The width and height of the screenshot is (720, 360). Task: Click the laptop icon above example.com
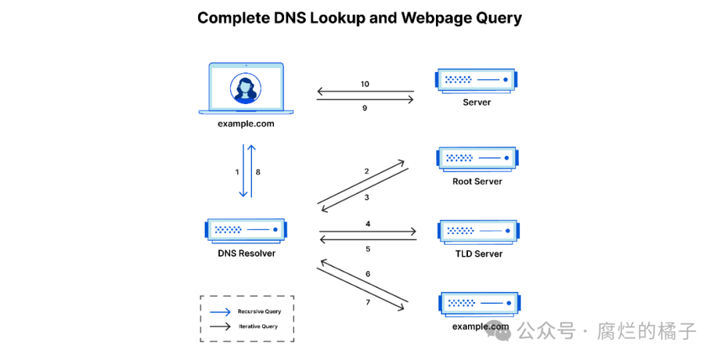pos(250,89)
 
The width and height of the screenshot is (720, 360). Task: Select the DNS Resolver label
pos(247,253)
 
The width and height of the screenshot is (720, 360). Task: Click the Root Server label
pos(477,181)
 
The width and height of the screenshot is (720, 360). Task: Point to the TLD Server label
pos(479,253)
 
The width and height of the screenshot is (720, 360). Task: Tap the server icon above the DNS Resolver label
pos(246,229)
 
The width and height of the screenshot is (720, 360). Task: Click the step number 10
pos(365,84)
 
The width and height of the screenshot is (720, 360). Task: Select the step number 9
pos(365,108)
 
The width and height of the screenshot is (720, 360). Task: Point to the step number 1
pos(237,172)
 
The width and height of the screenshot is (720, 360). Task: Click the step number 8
pos(258,172)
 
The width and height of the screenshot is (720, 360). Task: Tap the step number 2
pos(367,171)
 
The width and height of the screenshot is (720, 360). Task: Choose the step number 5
pos(368,249)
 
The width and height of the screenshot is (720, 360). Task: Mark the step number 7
pos(368,303)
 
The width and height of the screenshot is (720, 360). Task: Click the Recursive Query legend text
pos(259,311)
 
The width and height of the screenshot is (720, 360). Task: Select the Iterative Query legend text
pos(258,327)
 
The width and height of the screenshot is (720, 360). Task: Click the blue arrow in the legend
pos(220,311)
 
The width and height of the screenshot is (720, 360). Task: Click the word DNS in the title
pos(291,18)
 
